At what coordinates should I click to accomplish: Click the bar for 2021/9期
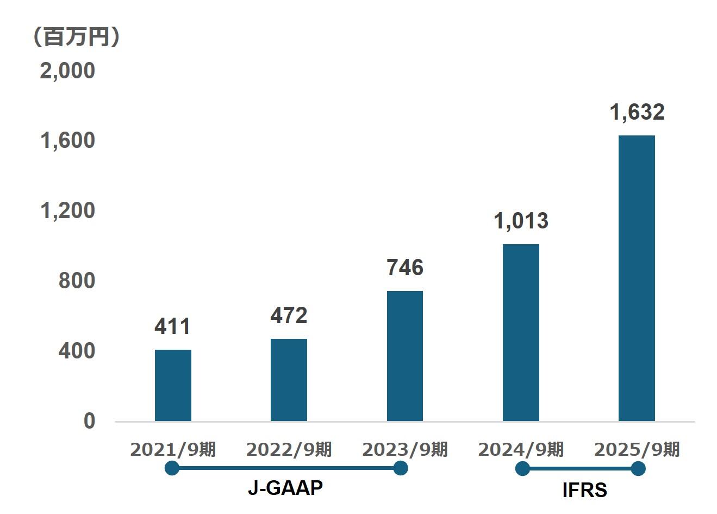pos(173,385)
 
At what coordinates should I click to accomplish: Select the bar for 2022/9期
pos(289,380)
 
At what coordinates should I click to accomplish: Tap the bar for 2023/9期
pos(404,356)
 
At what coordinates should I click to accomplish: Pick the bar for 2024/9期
pos(521,332)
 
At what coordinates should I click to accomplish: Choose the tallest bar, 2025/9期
pos(637,278)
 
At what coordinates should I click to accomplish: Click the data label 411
pos(173,326)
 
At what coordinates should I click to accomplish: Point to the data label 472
pos(289,315)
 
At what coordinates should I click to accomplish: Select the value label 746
pos(404,268)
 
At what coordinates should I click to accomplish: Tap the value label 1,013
pos(521,221)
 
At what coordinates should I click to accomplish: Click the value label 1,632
pos(637,112)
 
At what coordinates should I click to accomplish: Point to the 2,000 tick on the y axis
pos(67,71)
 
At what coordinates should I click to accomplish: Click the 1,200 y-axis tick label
pos(67,210)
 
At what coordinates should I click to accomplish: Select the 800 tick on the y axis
pos(76,281)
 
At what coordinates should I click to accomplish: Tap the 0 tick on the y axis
pos(89,421)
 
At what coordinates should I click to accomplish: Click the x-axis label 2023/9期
pos(404,450)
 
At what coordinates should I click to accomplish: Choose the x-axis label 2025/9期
pos(637,450)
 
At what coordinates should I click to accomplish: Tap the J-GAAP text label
pos(285,488)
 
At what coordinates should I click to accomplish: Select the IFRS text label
pos(584,491)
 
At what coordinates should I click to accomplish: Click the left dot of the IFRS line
pos(522,468)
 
